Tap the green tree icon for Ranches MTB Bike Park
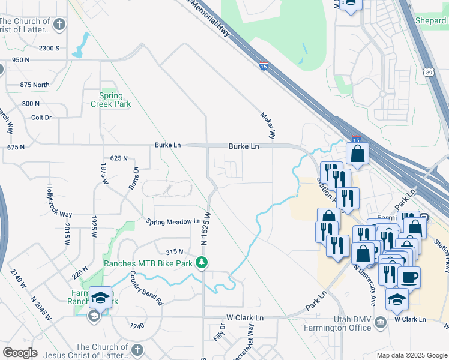[x=203, y=262]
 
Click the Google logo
[x=20, y=353]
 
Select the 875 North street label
[x=35, y=85]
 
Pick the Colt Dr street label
[x=41, y=118]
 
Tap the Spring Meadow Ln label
[x=173, y=221]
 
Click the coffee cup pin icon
[x=409, y=278]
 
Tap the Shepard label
[x=430, y=20]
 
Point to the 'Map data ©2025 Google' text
[x=412, y=355]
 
